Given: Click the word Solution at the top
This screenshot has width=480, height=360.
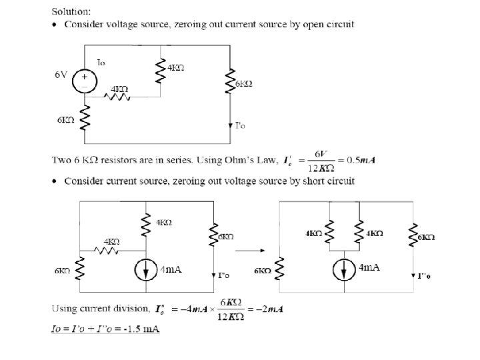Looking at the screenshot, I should click(x=72, y=11).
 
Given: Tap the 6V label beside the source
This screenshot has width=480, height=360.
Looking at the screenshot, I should click(x=61, y=75).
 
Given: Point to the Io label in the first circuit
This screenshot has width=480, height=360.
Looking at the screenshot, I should click(x=101, y=62).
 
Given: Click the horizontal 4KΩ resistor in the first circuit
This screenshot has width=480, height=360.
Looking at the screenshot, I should click(x=120, y=97).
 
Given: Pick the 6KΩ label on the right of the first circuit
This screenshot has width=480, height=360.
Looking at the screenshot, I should click(x=244, y=84).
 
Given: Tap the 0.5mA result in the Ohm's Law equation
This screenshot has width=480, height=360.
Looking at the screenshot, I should click(x=359, y=160).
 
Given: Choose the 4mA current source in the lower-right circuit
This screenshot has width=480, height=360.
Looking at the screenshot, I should click(x=345, y=269).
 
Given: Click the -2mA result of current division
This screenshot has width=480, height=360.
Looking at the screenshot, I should click(x=273, y=310).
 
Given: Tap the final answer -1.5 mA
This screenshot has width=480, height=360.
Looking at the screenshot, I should click(x=141, y=329).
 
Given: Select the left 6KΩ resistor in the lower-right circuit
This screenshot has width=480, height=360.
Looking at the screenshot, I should click(x=279, y=271).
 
